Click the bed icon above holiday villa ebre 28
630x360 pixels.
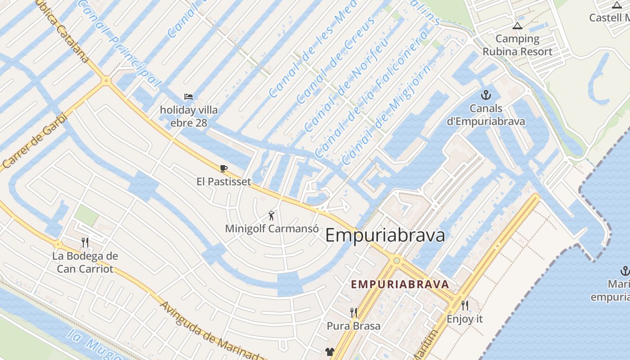(x=189, y=96)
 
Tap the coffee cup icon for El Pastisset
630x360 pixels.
(x=224, y=169)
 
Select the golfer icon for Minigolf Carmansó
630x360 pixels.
(x=271, y=215)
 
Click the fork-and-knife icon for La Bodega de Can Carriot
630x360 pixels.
(x=85, y=243)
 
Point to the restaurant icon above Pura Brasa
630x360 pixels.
(x=354, y=312)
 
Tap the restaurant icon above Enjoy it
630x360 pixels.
(x=465, y=306)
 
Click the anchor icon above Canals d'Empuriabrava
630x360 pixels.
(x=486, y=95)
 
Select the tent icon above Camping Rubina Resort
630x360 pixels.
(x=517, y=26)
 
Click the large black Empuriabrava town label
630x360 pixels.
(x=385, y=235)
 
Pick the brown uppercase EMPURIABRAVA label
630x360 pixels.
(x=400, y=284)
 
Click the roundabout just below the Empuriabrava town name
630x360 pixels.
(x=396, y=260)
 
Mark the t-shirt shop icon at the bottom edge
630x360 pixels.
(x=330, y=352)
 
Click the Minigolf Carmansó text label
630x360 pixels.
(x=272, y=229)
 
